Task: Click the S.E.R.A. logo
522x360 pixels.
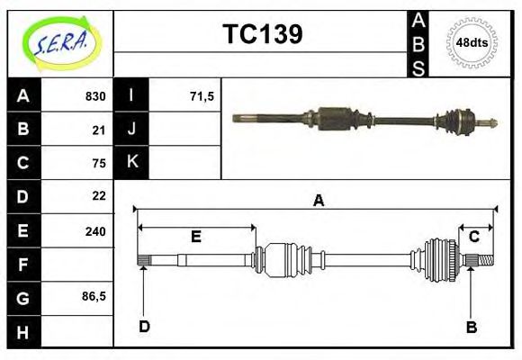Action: click(59, 42)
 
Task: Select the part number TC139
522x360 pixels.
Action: click(262, 34)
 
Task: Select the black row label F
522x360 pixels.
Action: click(23, 264)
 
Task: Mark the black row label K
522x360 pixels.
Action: click(132, 163)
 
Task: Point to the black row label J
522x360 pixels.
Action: click(132, 130)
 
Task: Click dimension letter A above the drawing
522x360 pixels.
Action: click(318, 201)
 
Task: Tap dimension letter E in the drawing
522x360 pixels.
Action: click(195, 237)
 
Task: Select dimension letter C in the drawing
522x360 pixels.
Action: click(473, 237)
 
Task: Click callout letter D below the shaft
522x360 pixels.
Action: click(144, 327)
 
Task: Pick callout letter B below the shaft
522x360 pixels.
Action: click(471, 327)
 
